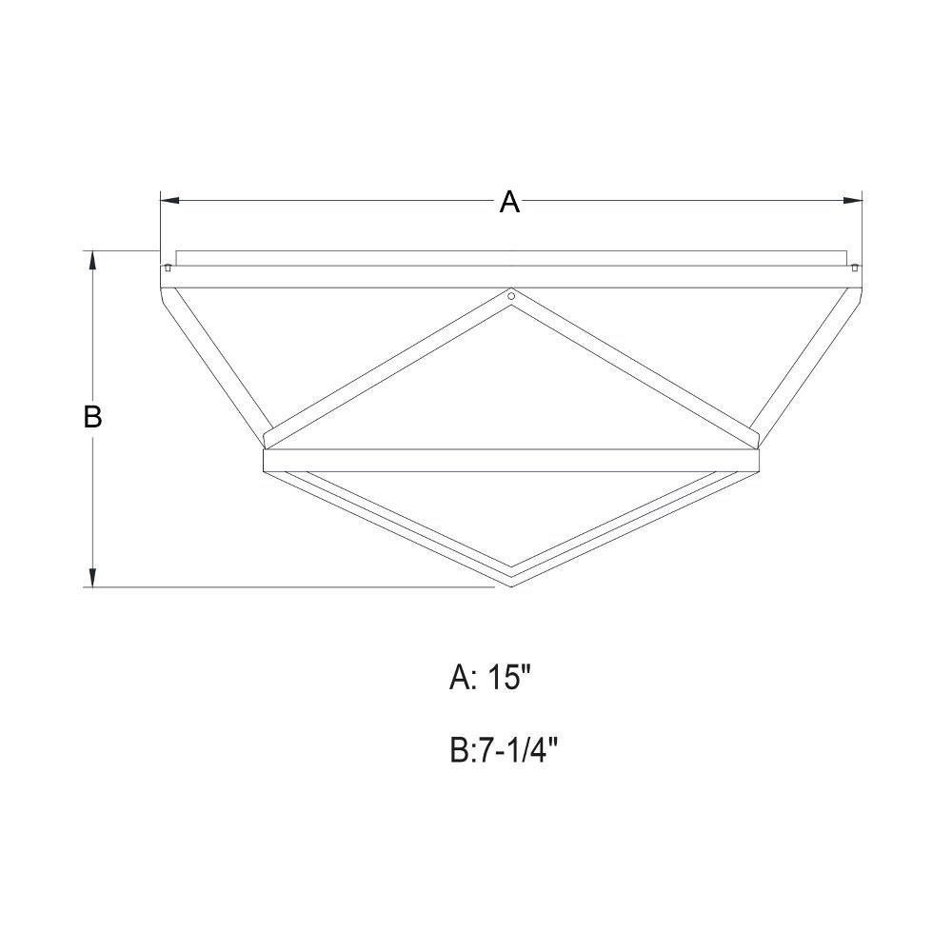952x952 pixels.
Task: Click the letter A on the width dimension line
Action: [510, 202]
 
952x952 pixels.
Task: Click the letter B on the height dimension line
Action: [92, 417]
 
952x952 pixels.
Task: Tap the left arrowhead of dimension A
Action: [169, 200]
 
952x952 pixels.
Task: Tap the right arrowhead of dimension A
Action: [854, 200]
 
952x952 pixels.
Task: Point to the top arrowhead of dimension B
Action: [92, 260]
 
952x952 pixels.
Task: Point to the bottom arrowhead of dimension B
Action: [92, 578]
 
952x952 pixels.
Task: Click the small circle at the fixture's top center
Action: [511, 296]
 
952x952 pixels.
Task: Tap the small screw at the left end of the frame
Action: [167, 268]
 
